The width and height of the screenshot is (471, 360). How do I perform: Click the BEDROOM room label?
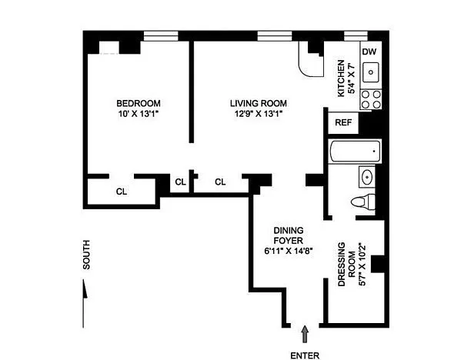point(139,104)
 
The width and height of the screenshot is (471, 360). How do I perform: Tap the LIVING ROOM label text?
point(259,104)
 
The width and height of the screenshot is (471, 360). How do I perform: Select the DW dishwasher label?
point(369,52)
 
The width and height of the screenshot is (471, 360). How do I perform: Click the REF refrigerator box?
point(343,123)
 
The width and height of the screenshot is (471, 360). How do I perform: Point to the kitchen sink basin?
point(371,72)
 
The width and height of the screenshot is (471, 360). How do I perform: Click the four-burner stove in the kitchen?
point(371,99)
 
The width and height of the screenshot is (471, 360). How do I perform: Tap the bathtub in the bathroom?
point(355,152)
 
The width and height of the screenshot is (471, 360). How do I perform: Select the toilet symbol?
point(363,202)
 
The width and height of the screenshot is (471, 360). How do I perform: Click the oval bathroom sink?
point(367,177)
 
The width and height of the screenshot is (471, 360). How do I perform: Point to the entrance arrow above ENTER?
point(306,334)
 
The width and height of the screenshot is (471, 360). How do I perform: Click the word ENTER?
point(305,356)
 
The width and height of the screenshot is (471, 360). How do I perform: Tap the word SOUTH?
point(86,255)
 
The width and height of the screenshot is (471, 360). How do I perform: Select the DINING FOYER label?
point(289,235)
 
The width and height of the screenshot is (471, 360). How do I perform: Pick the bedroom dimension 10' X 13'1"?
point(139,114)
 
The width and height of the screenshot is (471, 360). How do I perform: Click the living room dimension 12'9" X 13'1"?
point(259,114)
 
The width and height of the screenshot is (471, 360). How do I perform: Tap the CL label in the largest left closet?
point(122,192)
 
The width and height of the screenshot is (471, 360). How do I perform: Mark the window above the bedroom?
point(161,35)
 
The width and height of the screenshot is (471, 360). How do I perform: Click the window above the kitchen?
point(356,35)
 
